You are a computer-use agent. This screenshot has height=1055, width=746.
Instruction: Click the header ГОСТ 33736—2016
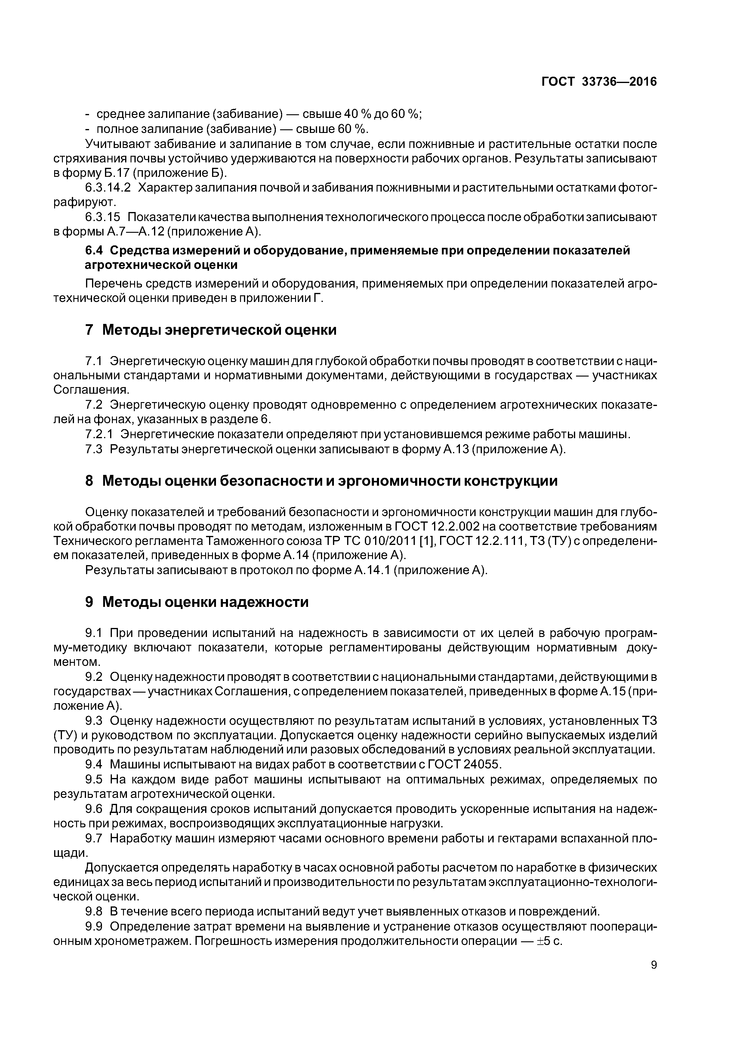click(x=599, y=82)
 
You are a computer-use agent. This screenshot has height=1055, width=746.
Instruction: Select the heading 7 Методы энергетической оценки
click(x=211, y=330)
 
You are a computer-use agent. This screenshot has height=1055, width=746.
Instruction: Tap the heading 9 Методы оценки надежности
click(x=197, y=602)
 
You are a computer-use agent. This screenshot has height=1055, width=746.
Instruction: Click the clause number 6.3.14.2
click(x=108, y=188)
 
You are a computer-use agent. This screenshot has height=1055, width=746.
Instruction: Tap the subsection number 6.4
click(x=95, y=251)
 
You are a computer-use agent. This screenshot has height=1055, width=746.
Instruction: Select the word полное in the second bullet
click(x=113, y=129)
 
